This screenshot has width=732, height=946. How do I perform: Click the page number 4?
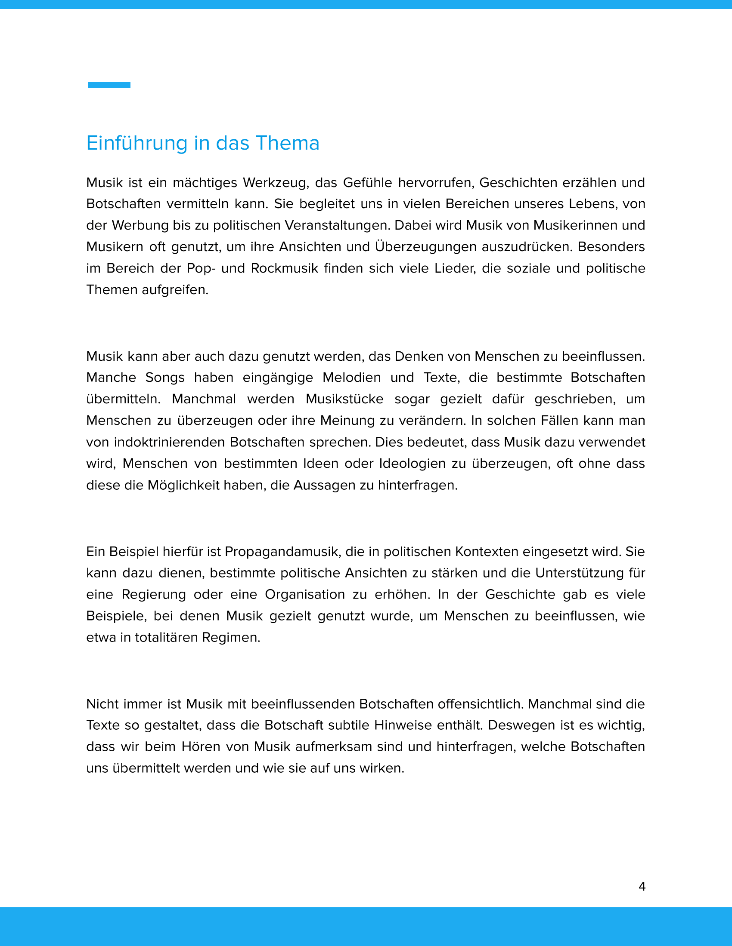[x=642, y=886]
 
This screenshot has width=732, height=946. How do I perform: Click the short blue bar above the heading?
[x=109, y=85]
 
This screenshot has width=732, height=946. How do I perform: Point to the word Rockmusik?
[x=285, y=269]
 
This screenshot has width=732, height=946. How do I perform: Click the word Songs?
[x=165, y=378]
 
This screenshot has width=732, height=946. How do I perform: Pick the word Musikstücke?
[x=344, y=399]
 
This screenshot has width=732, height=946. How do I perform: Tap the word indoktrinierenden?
[x=169, y=442]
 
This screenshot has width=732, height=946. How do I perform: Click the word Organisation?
[x=305, y=595]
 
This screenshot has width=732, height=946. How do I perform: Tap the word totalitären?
[x=167, y=638]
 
